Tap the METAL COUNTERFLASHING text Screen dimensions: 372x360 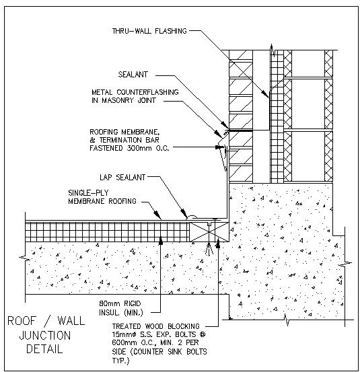[135, 92]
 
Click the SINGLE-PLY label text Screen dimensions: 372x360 [89, 192]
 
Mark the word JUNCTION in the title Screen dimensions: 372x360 [45, 335]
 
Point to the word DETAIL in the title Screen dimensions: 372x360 [45, 349]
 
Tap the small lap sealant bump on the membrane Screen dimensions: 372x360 [191, 217]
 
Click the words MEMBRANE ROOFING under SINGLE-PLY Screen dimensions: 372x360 [101, 201]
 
